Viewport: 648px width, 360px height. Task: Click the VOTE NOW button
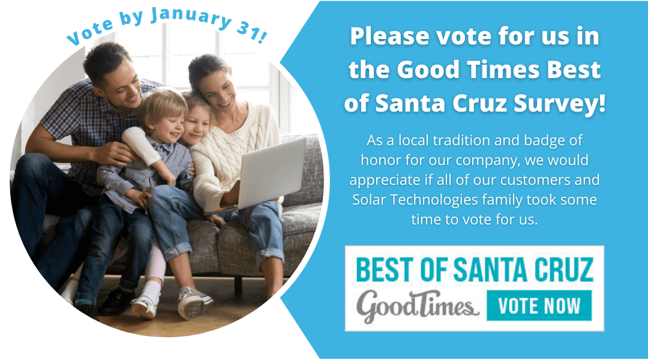(x=539, y=305)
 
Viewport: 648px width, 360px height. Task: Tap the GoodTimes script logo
(x=418, y=306)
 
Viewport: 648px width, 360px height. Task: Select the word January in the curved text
(x=191, y=18)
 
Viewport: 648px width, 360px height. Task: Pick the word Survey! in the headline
(x=560, y=103)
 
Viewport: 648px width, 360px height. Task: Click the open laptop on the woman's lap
(x=269, y=176)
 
